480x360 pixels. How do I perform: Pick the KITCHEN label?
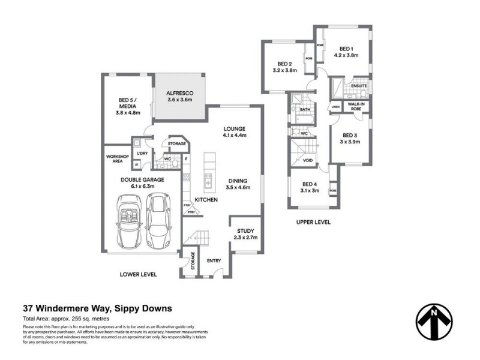tap(205, 199)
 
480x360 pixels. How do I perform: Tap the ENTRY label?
tap(214, 260)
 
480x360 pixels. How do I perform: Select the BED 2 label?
tap(284, 67)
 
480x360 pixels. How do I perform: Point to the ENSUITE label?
tap(359, 86)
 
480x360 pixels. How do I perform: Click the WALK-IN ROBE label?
tap(358, 107)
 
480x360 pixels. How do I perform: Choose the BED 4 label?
tap(309, 187)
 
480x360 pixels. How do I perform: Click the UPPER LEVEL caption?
tap(313, 221)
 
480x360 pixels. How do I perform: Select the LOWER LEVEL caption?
tap(139, 274)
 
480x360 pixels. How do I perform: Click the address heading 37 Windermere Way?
tap(97, 308)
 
